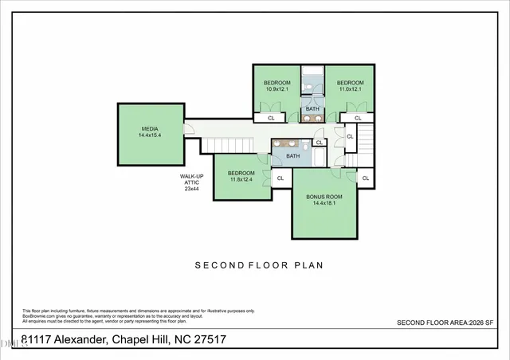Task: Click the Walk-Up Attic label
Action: pyautogui.click(x=191, y=182)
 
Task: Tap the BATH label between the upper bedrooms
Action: pyautogui.click(x=312, y=109)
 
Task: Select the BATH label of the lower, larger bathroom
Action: pyautogui.click(x=293, y=156)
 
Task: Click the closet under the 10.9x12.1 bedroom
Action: pyautogui.click(x=271, y=119)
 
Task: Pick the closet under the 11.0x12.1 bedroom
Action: pyautogui.click(x=358, y=119)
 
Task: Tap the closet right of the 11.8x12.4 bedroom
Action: pyautogui.click(x=280, y=178)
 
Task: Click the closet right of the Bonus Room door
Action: pyautogui.click(x=365, y=178)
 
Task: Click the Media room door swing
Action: pyautogui.click(x=189, y=131)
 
